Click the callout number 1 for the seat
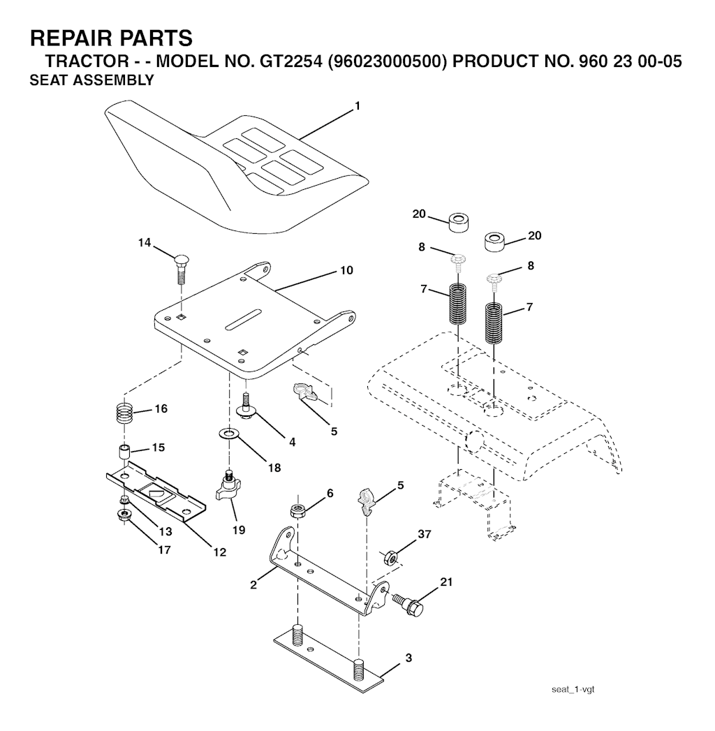(357, 106)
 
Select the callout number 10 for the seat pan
(347, 270)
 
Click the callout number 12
(219, 552)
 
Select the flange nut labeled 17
(124, 515)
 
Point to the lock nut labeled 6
(297, 510)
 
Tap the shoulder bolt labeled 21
(408, 604)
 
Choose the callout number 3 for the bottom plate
(408, 658)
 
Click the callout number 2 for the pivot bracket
(253, 584)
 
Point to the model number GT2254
(290, 61)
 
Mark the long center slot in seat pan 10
(242, 319)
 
